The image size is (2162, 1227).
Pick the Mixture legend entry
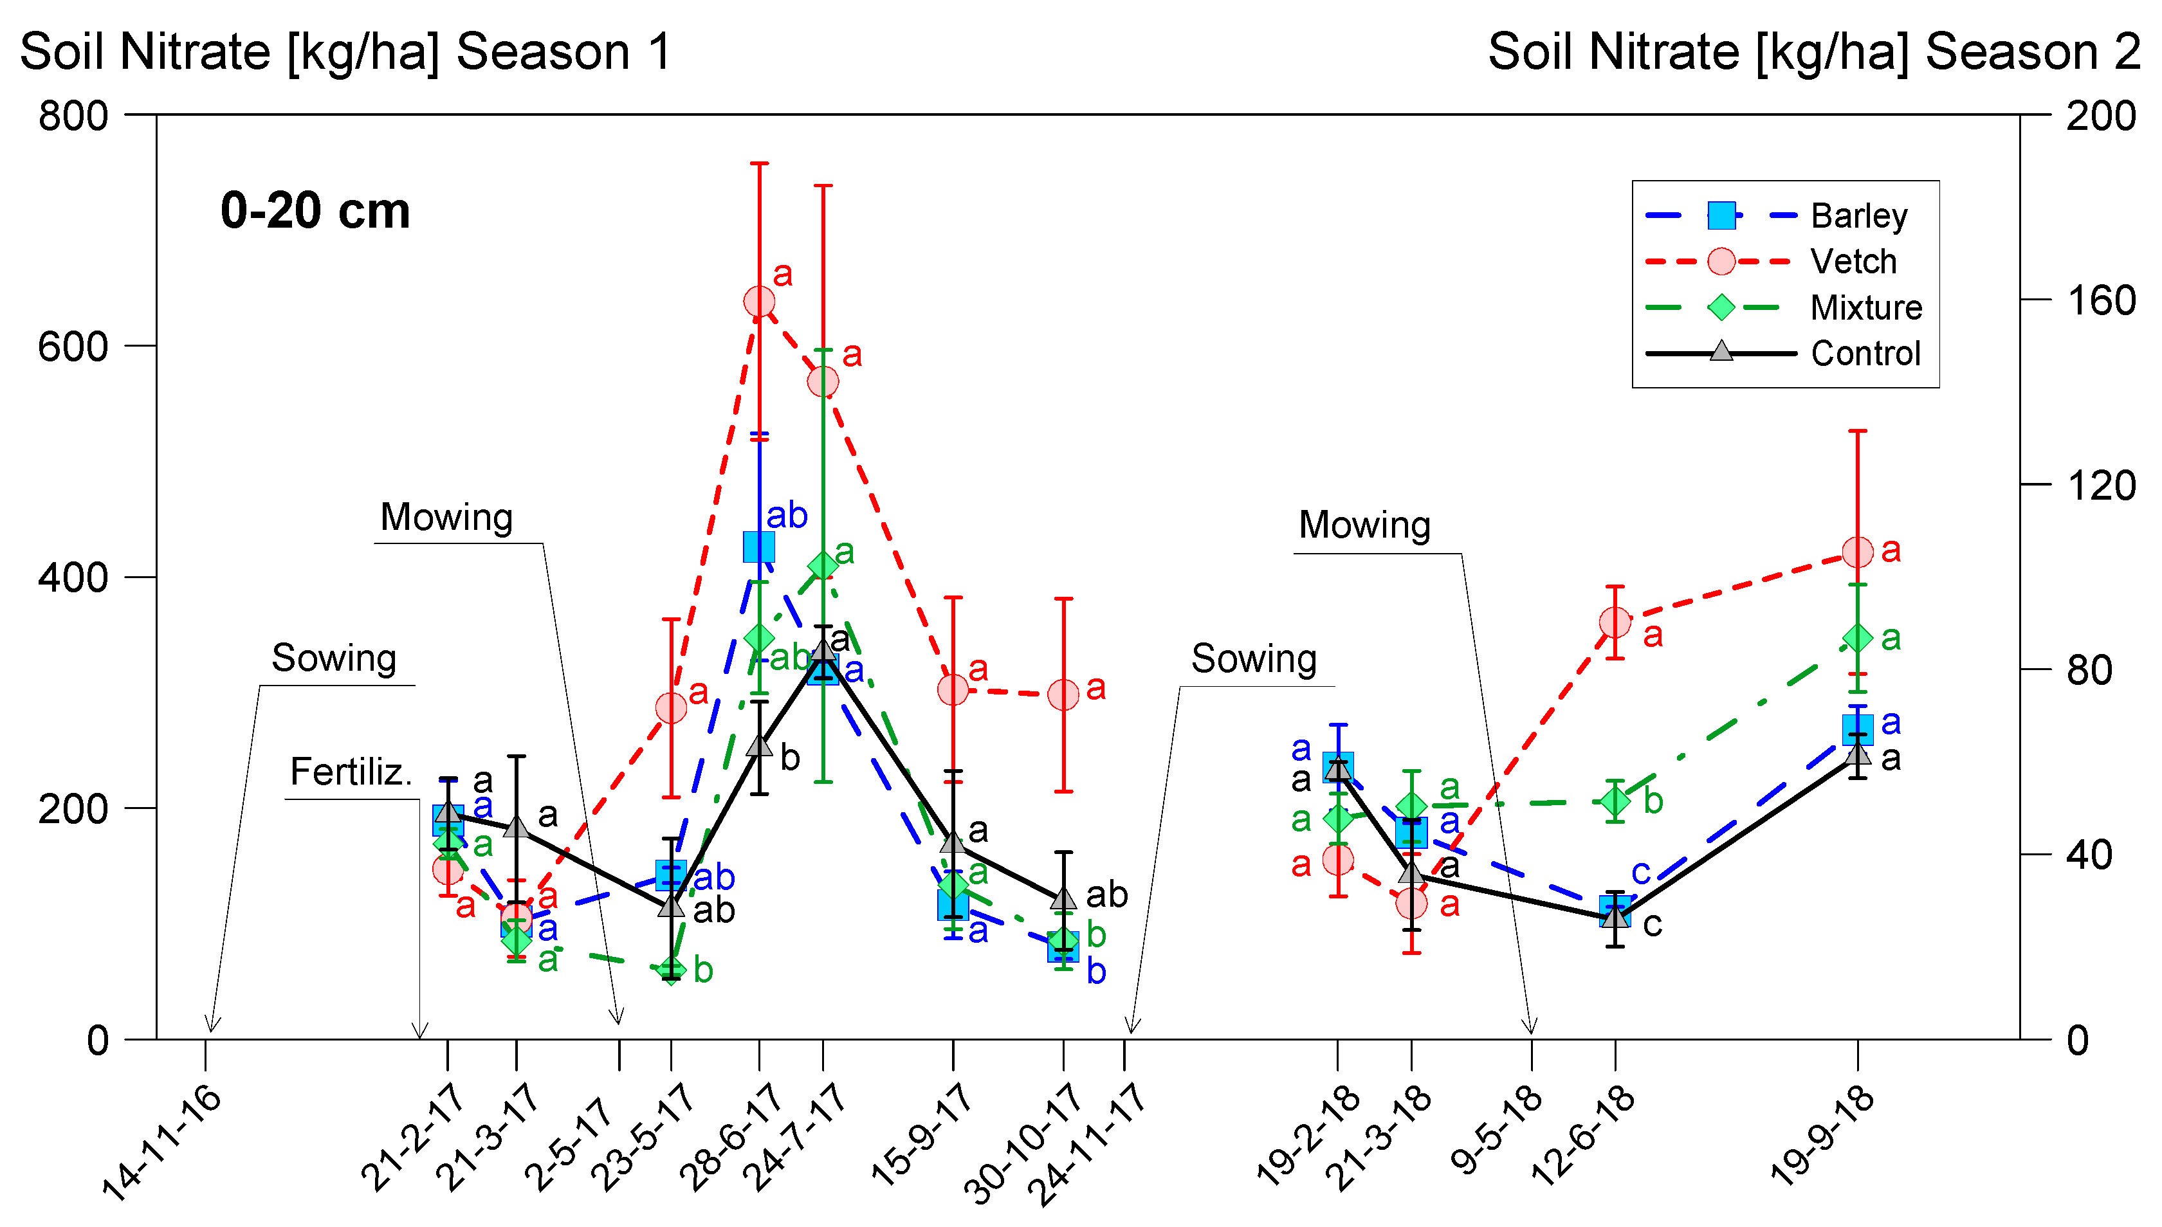point(1865,307)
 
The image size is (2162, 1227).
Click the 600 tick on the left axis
point(73,347)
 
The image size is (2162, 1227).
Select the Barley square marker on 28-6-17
point(758,547)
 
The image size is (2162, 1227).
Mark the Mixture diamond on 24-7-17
point(823,565)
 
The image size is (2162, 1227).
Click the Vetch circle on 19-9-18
point(1858,553)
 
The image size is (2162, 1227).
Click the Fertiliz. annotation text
point(351,771)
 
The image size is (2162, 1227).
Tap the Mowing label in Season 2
point(1364,525)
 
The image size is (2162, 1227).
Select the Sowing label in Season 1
point(334,658)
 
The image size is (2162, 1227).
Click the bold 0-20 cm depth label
point(315,211)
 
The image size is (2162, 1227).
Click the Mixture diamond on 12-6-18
point(1614,801)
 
